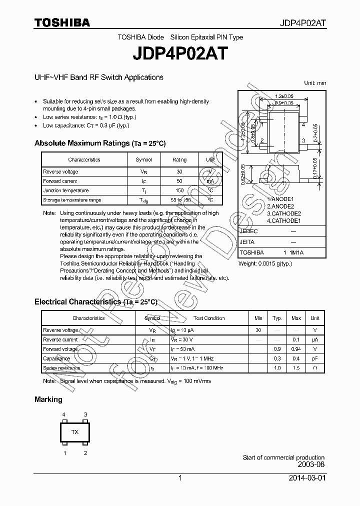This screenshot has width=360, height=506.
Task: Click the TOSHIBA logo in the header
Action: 62,23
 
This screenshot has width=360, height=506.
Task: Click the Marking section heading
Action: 48,399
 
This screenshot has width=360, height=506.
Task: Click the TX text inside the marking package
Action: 74,432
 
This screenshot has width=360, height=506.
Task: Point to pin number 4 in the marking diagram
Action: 64,414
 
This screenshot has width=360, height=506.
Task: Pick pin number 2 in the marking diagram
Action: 85,453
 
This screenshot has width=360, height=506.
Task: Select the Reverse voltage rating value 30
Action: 179,171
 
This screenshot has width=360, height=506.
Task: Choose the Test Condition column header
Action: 209,318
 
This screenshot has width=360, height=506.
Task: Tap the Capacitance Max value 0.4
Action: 296,358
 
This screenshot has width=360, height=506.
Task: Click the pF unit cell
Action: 315,358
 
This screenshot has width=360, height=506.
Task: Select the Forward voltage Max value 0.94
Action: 296,349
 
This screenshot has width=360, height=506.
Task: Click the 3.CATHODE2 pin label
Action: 283,213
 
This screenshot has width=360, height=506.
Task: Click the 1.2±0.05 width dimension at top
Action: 284,96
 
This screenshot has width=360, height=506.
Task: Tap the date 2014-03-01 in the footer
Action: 307,478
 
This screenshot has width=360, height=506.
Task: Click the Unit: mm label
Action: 315,83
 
